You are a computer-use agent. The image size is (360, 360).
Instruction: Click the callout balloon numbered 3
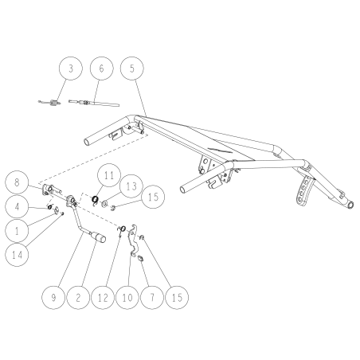(70, 68)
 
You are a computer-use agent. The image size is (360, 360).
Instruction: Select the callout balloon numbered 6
(101, 68)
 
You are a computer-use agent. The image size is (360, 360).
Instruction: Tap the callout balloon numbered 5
(132, 68)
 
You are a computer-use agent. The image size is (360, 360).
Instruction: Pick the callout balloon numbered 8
(17, 183)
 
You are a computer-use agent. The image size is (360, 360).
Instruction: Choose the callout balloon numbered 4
(17, 207)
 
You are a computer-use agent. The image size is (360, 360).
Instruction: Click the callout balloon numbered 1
(17, 231)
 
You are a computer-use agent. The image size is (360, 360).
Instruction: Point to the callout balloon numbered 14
(17, 255)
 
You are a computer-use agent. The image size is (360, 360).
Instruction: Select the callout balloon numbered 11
(109, 175)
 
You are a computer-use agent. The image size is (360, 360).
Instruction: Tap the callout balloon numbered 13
(131, 186)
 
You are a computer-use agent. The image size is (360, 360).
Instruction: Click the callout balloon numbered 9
(53, 297)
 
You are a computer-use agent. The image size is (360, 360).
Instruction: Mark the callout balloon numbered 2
(78, 297)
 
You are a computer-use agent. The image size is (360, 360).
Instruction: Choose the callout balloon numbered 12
(103, 297)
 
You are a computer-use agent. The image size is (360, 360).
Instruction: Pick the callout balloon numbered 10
(127, 297)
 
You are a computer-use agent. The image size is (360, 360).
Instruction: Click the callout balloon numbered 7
(152, 297)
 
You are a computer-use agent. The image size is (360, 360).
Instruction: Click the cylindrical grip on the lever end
(98, 237)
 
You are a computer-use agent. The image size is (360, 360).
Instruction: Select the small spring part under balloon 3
(50, 103)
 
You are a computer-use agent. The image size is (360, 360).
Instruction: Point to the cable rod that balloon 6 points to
(94, 103)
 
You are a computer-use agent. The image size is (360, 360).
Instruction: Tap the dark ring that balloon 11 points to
(95, 199)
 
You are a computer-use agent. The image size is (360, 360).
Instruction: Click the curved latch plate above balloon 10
(134, 241)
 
